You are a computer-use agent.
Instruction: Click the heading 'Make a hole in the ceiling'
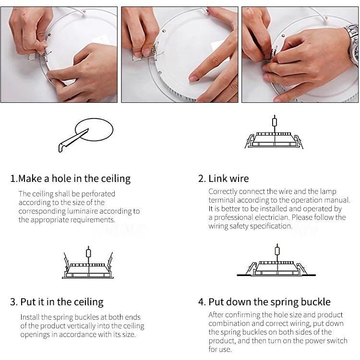(74, 179)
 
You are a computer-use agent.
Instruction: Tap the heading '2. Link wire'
(223, 179)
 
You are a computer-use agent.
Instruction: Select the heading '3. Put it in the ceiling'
(57, 302)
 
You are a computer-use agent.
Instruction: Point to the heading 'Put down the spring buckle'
(270, 302)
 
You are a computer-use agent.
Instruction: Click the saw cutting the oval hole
(73, 141)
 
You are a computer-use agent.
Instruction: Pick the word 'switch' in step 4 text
(337, 340)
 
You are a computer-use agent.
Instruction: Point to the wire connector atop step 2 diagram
(275, 122)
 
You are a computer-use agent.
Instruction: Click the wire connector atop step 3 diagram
(88, 253)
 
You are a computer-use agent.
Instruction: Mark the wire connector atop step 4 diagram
(277, 251)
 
